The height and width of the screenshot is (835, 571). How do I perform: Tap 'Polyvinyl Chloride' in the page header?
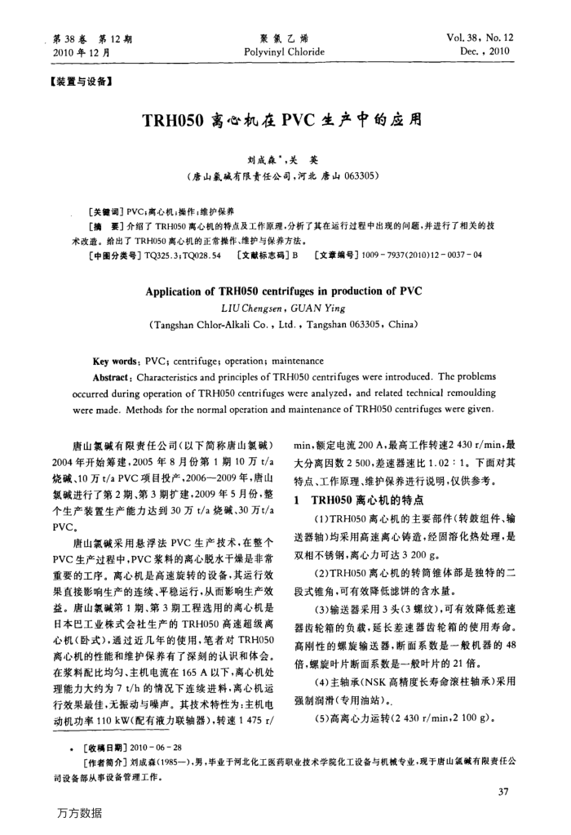pyautogui.click(x=284, y=51)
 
